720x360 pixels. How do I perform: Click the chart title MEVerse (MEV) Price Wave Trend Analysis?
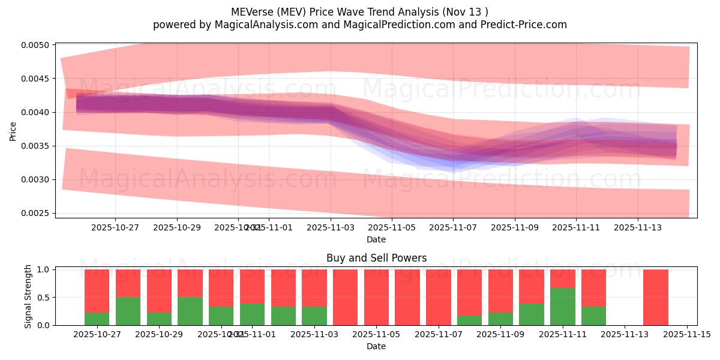coord(359,11)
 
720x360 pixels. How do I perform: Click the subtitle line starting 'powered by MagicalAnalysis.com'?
coord(359,25)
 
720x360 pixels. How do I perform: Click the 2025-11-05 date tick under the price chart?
coord(392,228)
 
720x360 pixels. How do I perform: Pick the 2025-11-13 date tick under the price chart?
coord(637,228)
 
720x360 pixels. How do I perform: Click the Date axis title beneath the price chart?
coord(376,239)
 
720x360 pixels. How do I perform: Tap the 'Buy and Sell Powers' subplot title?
coord(376,258)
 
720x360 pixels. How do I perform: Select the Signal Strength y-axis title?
coord(28,297)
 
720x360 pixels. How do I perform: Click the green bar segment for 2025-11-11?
coord(562,307)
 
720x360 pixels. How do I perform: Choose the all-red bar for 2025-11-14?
coord(655,297)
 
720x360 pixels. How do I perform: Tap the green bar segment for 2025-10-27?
coord(97,319)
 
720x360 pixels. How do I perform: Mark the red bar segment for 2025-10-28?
coord(128,283)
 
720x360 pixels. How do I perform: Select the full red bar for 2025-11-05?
coord(376,297)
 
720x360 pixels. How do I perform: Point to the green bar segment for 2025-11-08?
coord(469,320)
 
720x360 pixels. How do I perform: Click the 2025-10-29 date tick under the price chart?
coord(177,228)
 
